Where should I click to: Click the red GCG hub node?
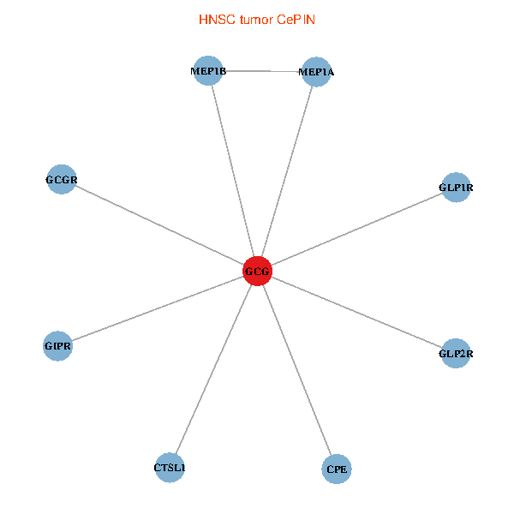(x=257, y=272)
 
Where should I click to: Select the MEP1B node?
(x=209, y=70)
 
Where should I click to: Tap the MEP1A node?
(x=315, y=72)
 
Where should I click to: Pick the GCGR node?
(x=62, y=180)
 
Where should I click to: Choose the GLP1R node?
(x=456, y=187)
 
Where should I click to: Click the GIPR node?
(x=57, y=346)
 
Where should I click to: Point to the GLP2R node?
(x=456, y=352)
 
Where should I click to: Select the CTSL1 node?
(x=170, y=468)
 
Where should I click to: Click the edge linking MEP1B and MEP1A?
(x=262, y=71)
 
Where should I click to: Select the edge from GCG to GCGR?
(x=159, y=225)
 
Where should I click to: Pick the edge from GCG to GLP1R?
(x=356, y=230)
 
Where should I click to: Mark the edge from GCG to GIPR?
(x=157, y=309)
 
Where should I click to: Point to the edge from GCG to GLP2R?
(x=356, y=312)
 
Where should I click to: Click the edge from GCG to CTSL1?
(x=213, y=370)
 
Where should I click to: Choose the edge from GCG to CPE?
(x=297, y=370)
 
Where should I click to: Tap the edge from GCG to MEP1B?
(x=233, y=171)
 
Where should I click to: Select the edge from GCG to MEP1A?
(x=286, y=171)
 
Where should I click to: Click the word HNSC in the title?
(x=214, y=19)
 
